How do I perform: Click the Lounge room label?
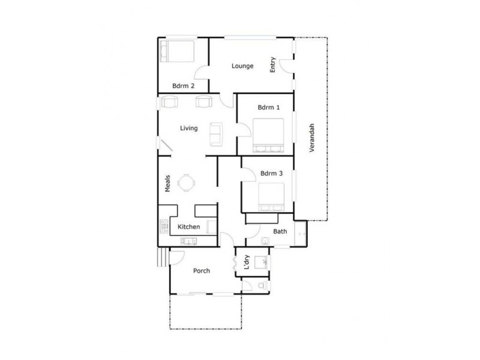pos(242,66)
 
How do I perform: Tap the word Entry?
pos(274,65)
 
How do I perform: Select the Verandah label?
pos(312,139)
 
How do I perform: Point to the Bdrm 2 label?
pos(183,86)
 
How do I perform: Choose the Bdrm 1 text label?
pos(268,108)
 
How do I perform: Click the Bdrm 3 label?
pos(271,174)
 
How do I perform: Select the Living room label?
pos(189,128)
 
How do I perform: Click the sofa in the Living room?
pos(215,133)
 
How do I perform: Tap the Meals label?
pos(168,184)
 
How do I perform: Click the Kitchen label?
pos(188,227)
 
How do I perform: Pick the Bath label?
pos(280,231)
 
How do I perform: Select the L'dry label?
pos(246,262)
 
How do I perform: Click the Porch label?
pos(201,271)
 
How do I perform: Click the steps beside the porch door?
pos(160,258)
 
